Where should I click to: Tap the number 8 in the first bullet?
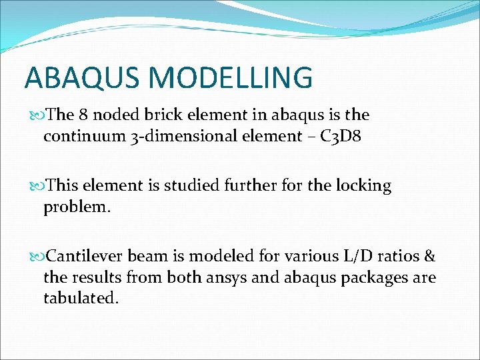coord(83,115)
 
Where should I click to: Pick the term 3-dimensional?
coord(192,137)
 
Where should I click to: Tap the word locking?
coord(363,185)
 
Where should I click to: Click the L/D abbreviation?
coord(341,255)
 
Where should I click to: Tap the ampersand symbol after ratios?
coord(429,255)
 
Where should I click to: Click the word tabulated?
coord(81,299)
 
